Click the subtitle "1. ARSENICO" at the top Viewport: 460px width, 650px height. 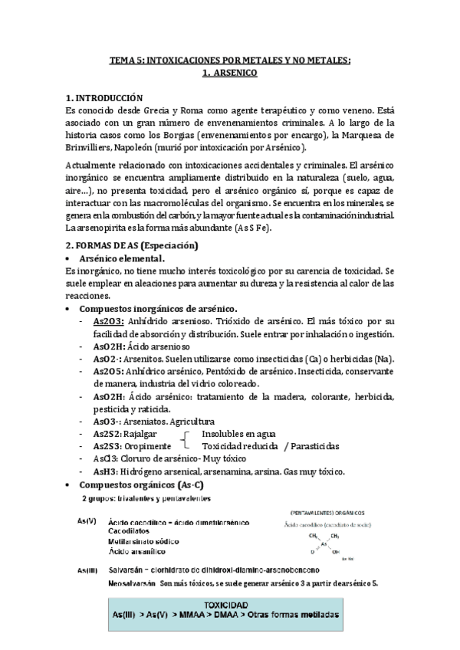tap(229, 74)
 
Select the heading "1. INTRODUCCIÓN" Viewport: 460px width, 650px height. tap(105, 98)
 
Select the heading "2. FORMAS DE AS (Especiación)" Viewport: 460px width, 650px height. tap(132, 246)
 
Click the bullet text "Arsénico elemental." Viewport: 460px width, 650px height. tap(123, 259)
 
